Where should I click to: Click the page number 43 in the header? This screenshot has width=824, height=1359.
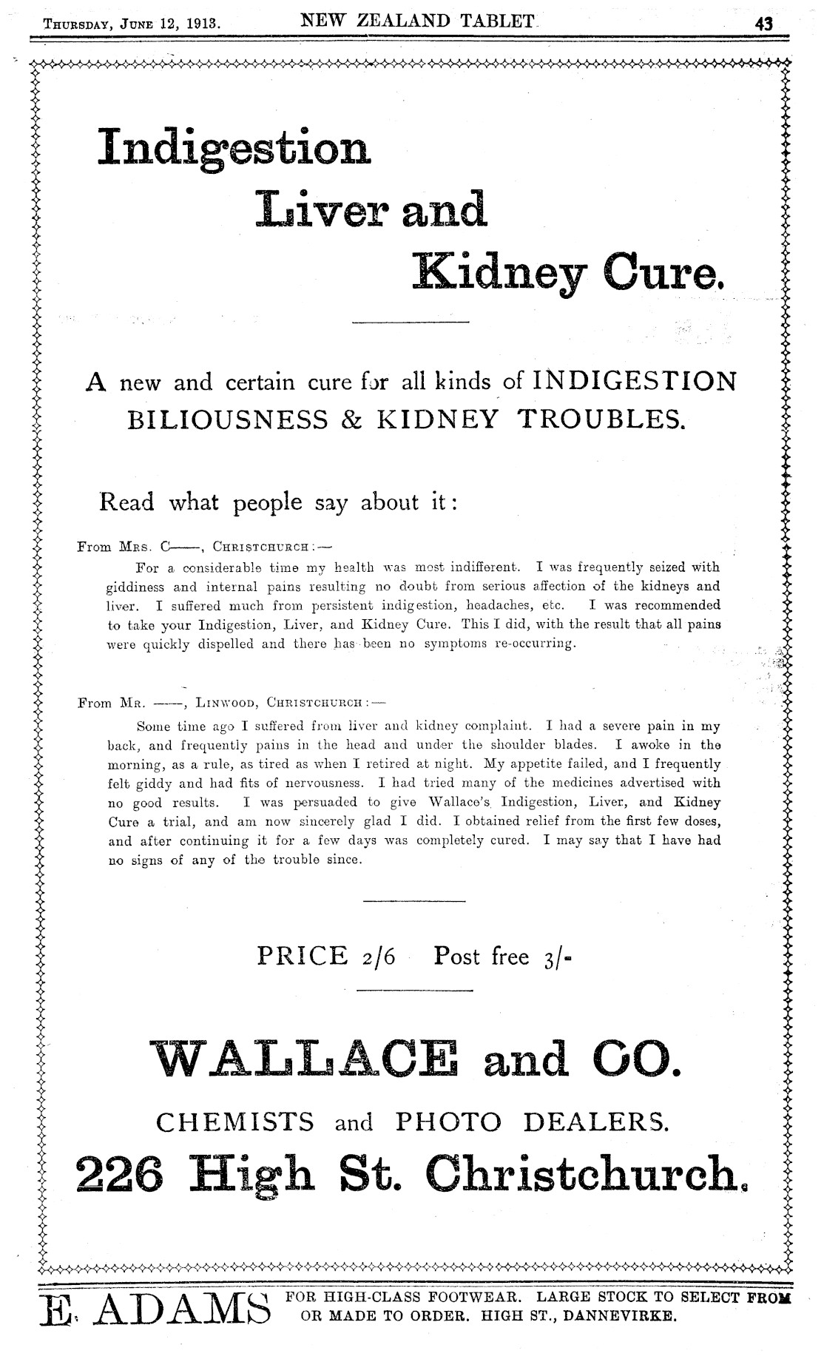click(763, 24)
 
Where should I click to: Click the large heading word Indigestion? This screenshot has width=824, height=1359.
click(234, 148)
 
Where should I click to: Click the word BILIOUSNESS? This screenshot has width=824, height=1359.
click(228, 420)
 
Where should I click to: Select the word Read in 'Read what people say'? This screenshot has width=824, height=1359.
click(126, 502)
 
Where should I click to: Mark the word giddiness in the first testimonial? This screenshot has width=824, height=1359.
click(136, 587)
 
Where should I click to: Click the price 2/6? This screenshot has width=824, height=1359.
click(378, 957)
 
